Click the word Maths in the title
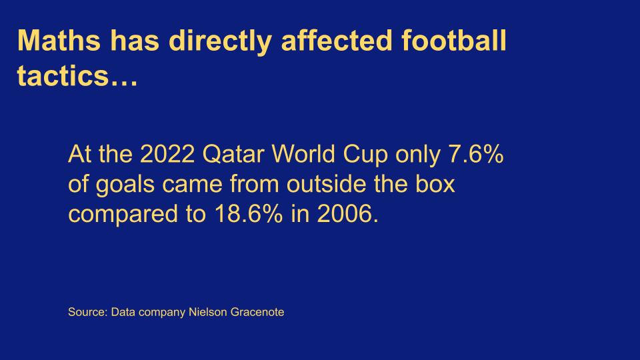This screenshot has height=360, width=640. [x=59, y=41]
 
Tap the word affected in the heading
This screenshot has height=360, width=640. [x=337, y=41]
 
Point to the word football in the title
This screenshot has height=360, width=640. [x=454, y=41]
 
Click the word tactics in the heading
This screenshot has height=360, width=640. [x=63, y=76]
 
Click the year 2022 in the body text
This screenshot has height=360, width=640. [x=167, y=154]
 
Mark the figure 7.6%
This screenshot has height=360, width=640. [x=476, y=154]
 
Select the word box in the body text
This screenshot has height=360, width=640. [x=435, y=184]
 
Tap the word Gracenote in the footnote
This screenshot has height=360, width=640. [x=257, y=312]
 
